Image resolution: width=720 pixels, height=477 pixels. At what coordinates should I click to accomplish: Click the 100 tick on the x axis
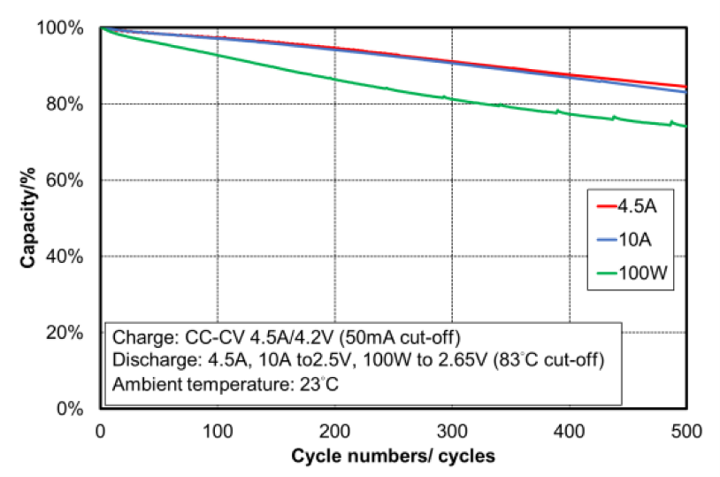coord(218,431)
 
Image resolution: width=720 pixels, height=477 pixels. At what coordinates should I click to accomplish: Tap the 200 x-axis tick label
coord(334,431)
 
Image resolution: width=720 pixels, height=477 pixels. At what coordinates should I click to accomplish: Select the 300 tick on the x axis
coord(452,431)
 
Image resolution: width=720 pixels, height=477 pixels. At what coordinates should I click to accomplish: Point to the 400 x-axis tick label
coord(570,431)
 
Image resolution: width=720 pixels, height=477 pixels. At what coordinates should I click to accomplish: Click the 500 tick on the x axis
coord(686,431)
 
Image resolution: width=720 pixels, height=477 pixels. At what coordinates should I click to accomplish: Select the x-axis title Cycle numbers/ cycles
coord(393,456)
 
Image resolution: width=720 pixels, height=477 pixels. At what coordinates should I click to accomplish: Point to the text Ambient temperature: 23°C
coord(222,385)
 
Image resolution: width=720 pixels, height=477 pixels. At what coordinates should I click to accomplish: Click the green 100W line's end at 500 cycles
coord(686,126)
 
